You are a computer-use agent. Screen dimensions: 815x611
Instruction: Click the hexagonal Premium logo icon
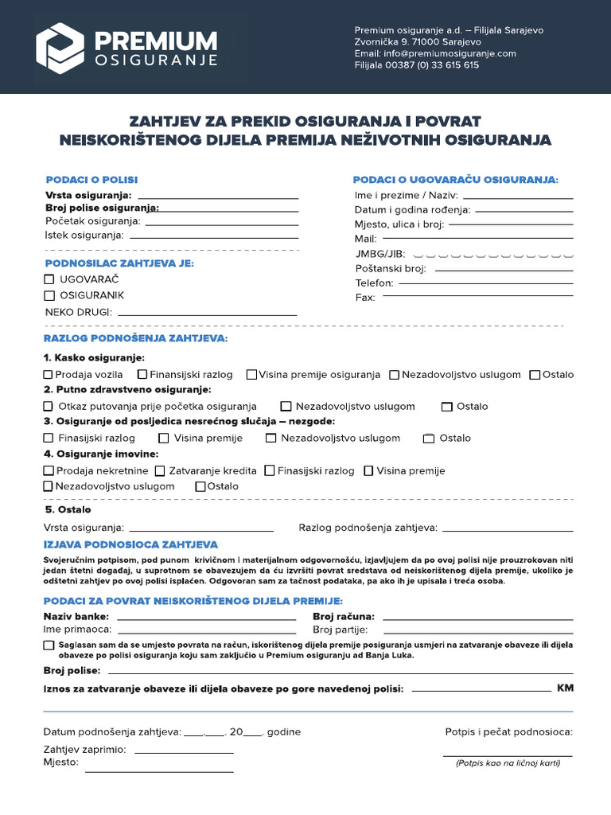[x=60, y=48]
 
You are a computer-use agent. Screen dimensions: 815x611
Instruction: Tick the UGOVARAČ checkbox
[x=49, y=279]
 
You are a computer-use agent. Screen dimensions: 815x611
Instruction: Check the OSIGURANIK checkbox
[x=49, y=295]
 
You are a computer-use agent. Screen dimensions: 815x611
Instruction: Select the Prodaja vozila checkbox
[x=49, y=374]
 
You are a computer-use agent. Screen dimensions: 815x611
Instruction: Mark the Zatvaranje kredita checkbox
[x=160, y=470]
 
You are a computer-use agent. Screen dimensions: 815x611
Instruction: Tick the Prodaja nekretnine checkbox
[x=49, y=470]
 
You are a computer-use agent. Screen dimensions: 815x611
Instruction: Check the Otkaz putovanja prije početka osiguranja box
[x=49, y=406]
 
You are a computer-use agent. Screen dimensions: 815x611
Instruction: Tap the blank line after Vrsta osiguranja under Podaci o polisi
[x=219, y=197]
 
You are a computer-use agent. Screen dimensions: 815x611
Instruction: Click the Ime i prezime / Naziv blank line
[x=517, y=197]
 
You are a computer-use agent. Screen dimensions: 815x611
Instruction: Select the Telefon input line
[x=485, y=283]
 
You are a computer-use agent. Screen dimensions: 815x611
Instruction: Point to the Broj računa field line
[x=477, y=618]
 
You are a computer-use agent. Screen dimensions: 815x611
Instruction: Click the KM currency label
[x=565, y=688]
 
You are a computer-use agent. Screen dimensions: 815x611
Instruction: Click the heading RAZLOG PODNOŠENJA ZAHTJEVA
[x=135, y=338]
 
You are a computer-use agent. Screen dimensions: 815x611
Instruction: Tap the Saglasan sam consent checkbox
[x=49, y=645]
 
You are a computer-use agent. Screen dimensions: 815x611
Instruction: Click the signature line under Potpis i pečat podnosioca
[x=507, y=755]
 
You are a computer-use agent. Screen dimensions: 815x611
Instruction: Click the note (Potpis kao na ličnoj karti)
[x=508, y=763]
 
